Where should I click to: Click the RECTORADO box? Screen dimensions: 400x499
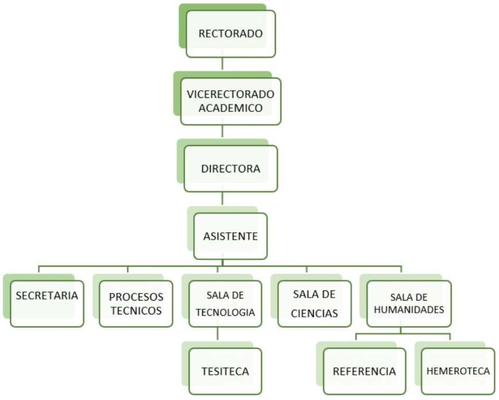tap(231, 33)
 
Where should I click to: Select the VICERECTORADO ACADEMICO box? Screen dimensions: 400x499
tap(231, 101)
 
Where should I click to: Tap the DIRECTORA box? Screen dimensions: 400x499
tap(231, 168)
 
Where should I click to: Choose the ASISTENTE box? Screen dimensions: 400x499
tap(231, 236)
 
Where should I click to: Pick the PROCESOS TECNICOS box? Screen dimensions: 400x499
tap(136, 303)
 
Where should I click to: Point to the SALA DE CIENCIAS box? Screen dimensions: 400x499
tap(314, 303)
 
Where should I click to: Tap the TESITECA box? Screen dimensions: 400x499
tap(225, 371)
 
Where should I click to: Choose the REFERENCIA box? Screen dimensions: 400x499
tap(364, 371)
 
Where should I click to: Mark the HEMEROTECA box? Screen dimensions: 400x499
tap(458, 371)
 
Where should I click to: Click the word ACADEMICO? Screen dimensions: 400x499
tap(231, 107)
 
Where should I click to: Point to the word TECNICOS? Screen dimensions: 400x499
tap(136, 311)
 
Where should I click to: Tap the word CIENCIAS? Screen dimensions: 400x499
tap(314, 313)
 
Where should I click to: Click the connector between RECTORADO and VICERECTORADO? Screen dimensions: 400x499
tap(222, 64)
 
